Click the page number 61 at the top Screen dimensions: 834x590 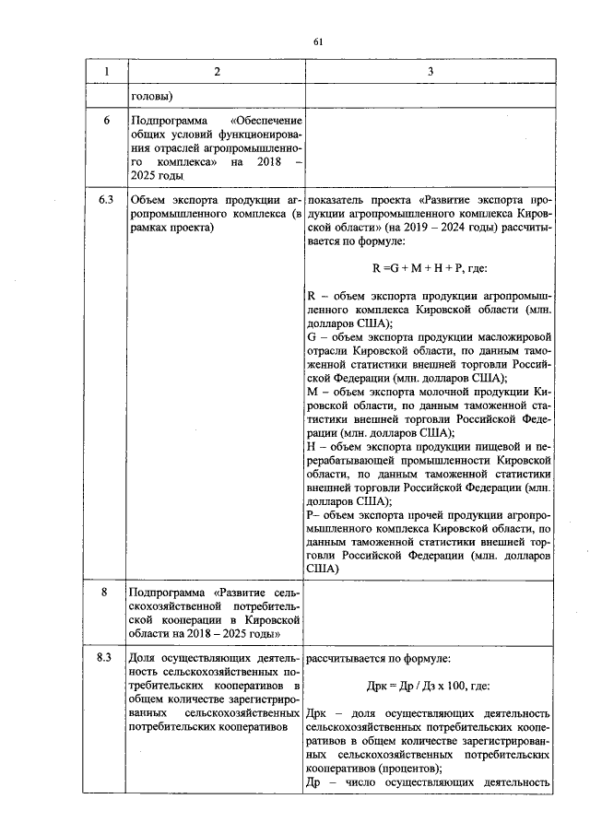(x=318, y=41)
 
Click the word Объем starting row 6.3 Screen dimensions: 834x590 (x=149, y=199)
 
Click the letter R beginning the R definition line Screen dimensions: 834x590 (x=311, y=296)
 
